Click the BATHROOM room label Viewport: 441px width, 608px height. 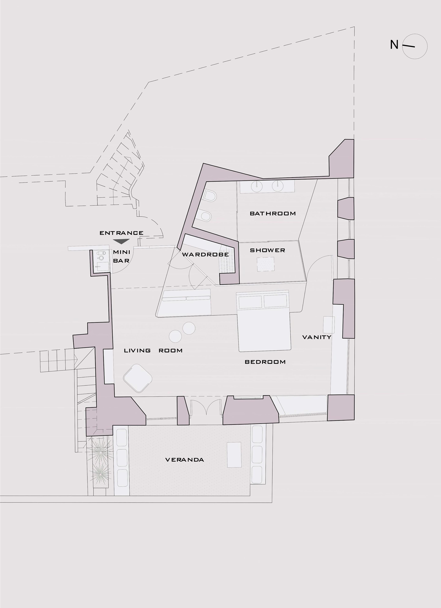click(273, 214)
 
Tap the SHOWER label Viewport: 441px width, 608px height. click(267, 250)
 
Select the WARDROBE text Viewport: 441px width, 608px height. click(205, 254)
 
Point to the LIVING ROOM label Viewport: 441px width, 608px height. click(153, 351)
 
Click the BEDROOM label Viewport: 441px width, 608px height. click(265, 362)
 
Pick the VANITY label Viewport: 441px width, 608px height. click(317, 337)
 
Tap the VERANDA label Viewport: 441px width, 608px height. click(185, 460)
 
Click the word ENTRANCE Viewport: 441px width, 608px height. click(122, 233)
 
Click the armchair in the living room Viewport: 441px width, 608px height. click(138, 378)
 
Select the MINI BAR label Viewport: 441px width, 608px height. click(122, 256)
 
